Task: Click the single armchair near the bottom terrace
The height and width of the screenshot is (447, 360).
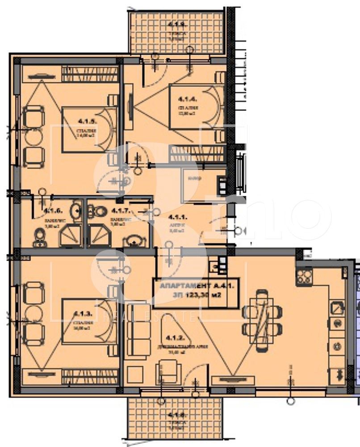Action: (x=169, y=373)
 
